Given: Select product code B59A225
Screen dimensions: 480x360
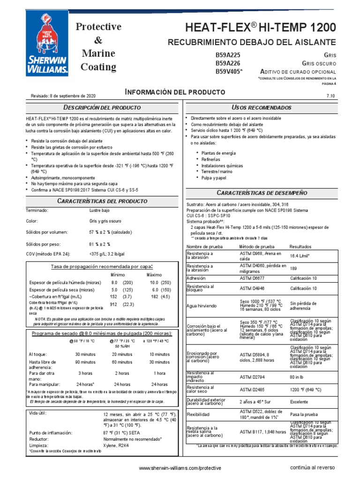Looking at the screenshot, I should click(x=228, y=55).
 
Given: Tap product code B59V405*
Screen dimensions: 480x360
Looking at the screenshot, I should click(x=229, y=71).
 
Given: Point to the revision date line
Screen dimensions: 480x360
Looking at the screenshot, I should click(x=63, y=95).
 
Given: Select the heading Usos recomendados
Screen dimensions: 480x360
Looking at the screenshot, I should click(x=262, y=107).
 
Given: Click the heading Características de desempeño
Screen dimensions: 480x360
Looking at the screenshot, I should click(x=262, y=193).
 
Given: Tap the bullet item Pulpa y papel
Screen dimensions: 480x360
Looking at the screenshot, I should click(x=214, y=178).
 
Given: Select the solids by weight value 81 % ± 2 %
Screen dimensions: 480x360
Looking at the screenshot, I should click(x=99, y=244).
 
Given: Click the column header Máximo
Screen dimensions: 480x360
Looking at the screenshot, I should click(x=154, y=274).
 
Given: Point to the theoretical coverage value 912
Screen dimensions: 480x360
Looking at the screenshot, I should click(x=113, y=304).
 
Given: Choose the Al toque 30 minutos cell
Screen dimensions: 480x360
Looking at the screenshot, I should click(x=85, y=354).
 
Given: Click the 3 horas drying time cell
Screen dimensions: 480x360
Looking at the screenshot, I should click(x=85, y=373).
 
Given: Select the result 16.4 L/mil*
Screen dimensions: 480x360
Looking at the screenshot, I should click(x=302, y=256).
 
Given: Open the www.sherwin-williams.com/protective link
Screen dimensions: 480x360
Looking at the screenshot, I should click(x=180, y=468).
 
